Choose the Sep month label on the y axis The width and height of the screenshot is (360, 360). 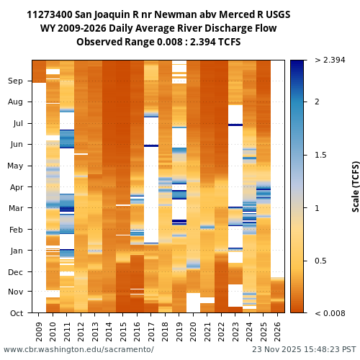click(16, 81)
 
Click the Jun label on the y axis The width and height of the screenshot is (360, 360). click(16, 145)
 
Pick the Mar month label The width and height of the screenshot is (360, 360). click(16, 209)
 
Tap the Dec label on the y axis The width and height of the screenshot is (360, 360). click(16, 272)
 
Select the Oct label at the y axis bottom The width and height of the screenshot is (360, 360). click(16, 313)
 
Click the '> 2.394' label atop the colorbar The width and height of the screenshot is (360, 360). click(330, 60)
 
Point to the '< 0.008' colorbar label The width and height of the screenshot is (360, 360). click(330, 313)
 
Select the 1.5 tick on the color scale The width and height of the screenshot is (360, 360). click(320, 155)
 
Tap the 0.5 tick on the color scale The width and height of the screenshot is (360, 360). click(320, 261)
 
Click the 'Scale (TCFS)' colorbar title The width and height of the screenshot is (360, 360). click(356, 186)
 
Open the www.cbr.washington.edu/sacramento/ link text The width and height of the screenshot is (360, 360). click(78, 350)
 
